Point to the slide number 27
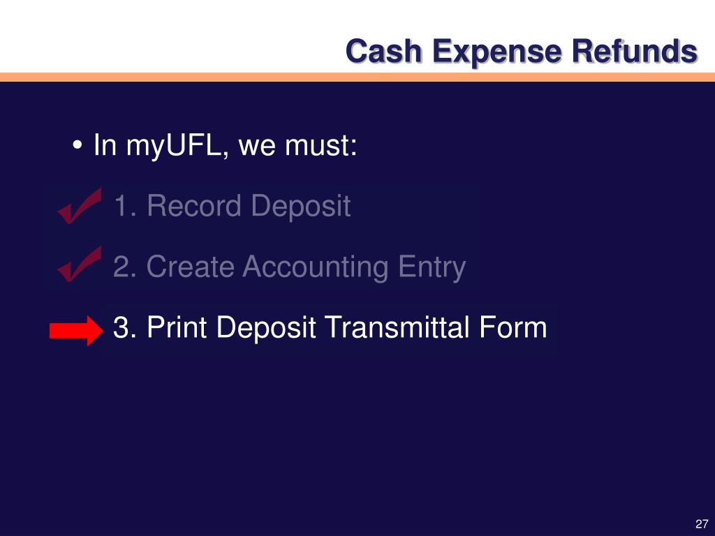click(x=702, y=524)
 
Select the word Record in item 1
click(x=194, y=207)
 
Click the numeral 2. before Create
click(x=126, y=267)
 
